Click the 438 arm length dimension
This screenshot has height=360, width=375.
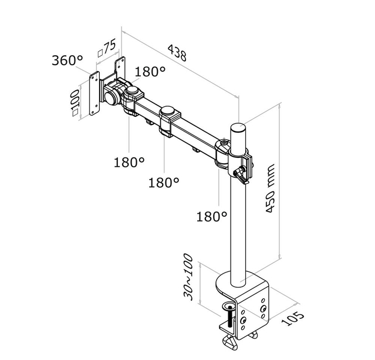pos(176,52)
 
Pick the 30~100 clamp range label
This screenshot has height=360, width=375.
pos(188,275)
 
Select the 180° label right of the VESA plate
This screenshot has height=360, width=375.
pos(150,72)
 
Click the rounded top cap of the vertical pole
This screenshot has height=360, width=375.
pos(238,127)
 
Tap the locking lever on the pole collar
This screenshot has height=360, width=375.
pos(239,174)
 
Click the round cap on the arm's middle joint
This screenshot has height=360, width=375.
pos(168,110)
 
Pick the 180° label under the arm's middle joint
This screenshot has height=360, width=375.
pos(164,182)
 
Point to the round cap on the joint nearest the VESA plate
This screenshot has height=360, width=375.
pos(135,92)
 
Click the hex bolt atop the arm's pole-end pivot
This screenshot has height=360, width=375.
pos(224,143)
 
